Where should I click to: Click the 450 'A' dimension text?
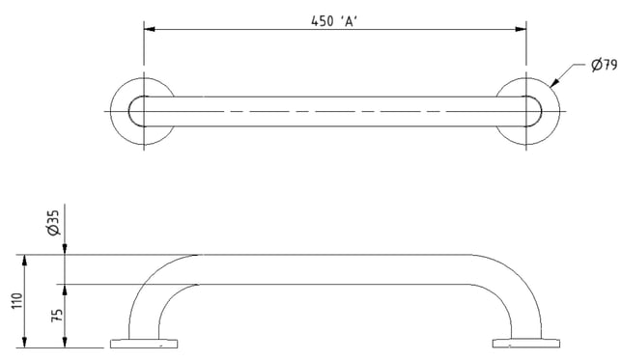coord(334,21)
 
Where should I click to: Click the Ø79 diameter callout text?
coord(605,65)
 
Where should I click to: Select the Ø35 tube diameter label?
coord(53,223)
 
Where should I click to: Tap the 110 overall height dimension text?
coord(17,301)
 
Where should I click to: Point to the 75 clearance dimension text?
coord(57,315)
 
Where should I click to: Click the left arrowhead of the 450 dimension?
coord(150,29)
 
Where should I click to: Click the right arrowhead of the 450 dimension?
coord(521,29)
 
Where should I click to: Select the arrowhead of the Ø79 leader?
coord(553,82)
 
